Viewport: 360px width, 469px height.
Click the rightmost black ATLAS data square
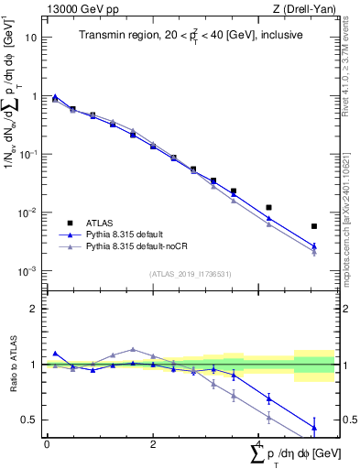point(314,226)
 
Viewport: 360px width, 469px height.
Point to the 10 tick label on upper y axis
point(32,38)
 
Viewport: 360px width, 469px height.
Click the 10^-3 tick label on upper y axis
point(30,271)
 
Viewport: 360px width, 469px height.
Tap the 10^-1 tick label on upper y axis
point(30,155)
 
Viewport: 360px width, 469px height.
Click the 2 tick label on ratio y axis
point(35,309)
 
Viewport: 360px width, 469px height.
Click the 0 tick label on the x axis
point(47,443)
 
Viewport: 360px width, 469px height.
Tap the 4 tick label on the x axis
point(259,443)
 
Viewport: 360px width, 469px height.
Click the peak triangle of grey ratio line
point(133,349)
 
